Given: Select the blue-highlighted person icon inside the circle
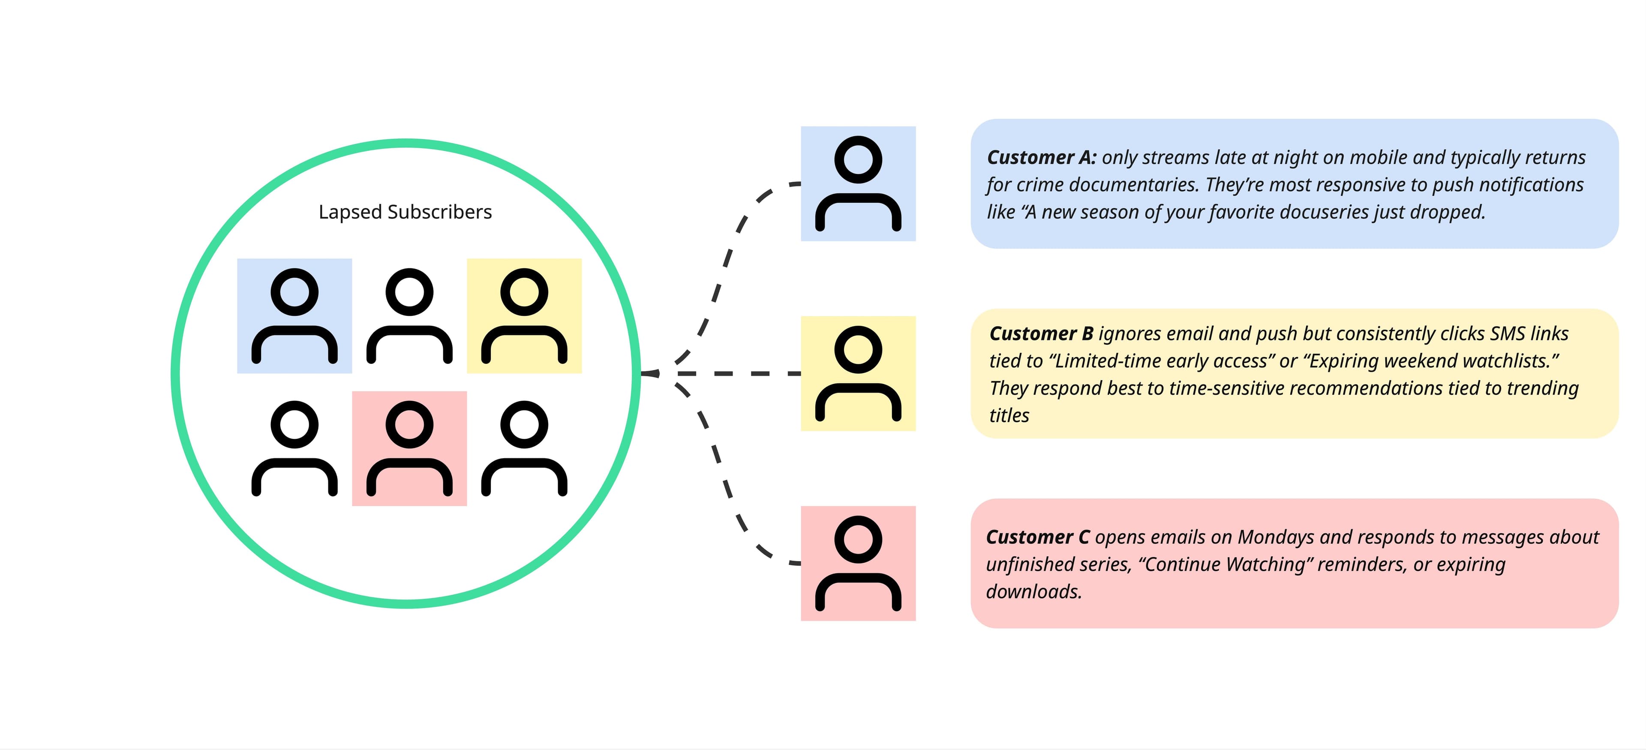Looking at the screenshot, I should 294,315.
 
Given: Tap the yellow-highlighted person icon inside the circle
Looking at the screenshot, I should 524,315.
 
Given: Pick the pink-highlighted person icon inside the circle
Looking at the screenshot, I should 410,448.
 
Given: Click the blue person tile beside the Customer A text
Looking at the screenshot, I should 858,184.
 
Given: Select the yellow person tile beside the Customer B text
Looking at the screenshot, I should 858,374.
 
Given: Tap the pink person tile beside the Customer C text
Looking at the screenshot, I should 858,564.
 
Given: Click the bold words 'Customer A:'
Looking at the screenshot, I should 1042,157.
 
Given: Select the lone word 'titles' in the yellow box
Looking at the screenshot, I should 1009,415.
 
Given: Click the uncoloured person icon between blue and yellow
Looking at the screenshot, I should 410,315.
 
